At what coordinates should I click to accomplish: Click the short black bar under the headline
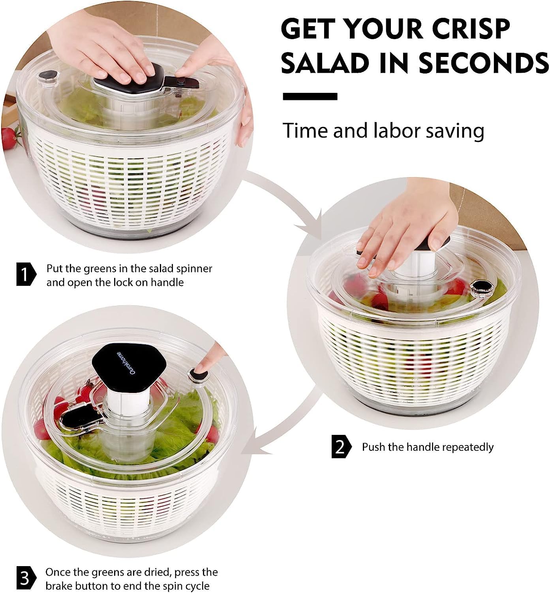310,96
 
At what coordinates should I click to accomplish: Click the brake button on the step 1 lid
49,76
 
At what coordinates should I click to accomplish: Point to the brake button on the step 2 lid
481,286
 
